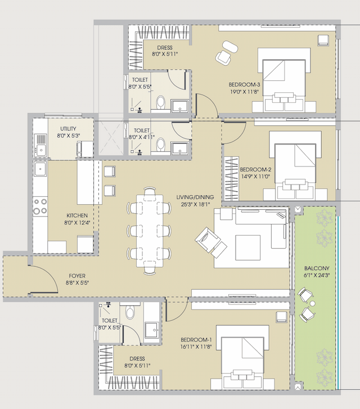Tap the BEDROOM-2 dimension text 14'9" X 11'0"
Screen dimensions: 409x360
point(256,177)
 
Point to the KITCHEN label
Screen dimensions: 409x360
point(77,215)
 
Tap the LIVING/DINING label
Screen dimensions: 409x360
point(195,196)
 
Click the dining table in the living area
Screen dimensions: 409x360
point(150,231)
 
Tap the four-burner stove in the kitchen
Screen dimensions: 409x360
point(40,206)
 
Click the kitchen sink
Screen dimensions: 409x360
point(40,169)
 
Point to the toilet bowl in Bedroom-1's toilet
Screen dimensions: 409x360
point(130,312)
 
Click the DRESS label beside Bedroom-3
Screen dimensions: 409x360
point(165,47)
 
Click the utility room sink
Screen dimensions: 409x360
point(40,149)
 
